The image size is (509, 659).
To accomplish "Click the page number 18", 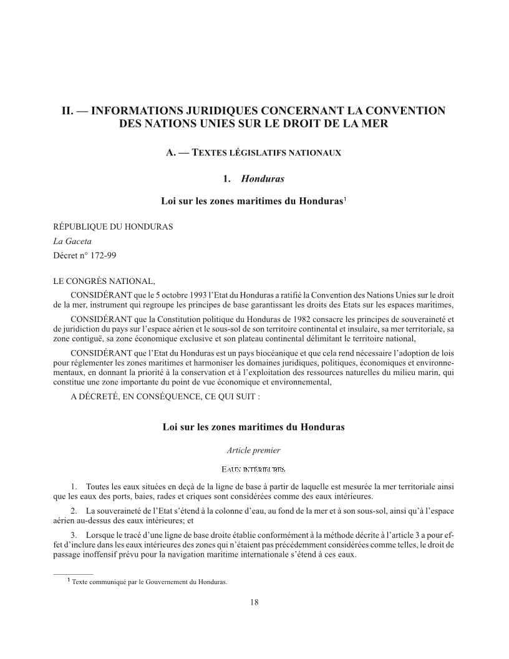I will point(254,602).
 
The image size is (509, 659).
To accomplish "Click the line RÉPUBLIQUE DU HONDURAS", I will point(113,227).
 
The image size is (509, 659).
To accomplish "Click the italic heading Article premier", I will point(254,449).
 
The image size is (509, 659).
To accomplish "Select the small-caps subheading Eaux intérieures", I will point(254,469).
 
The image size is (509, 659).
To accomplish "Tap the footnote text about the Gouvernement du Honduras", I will point(150,583).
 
